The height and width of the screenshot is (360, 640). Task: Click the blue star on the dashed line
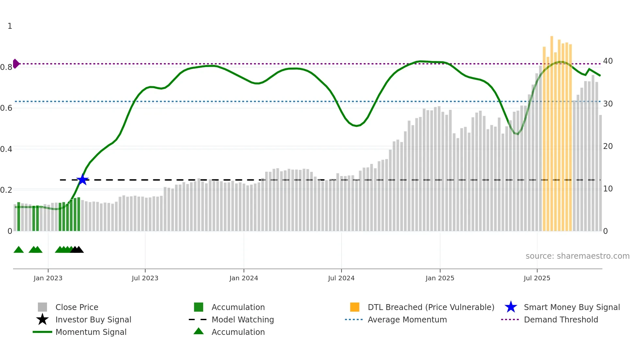point(83,180)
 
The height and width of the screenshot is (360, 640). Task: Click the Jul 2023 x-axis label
point(145,278)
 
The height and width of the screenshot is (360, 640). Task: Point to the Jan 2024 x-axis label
point(244,278)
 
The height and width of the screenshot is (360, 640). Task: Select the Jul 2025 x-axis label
point(537,278)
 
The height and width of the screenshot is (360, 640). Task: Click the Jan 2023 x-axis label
point(48,278)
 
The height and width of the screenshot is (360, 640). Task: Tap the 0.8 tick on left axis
point(6,67)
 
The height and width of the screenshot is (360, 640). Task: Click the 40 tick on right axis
point(608,61)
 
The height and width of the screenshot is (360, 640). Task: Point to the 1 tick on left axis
point(10,26)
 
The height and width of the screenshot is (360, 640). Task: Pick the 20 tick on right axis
point(608,146)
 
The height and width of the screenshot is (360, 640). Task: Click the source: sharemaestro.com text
point(577,256)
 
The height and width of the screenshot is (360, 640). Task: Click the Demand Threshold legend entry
point(561,319)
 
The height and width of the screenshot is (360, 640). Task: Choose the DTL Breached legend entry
point(431,307)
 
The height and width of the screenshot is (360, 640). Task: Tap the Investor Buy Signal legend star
point(42,319)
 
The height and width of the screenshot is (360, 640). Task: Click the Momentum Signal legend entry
point(91,332)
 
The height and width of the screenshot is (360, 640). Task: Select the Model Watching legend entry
point(242,319)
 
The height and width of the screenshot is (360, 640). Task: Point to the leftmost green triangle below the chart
point(19,250)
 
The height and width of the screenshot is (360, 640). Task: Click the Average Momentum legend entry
point(407,319)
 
